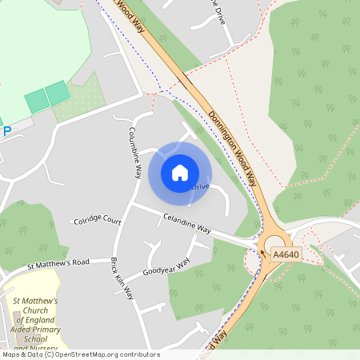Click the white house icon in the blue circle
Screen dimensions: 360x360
click(180, 173)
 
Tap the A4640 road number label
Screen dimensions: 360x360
click(286, 254)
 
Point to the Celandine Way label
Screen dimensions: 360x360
click(186, 222)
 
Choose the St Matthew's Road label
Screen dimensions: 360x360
click(58, 263)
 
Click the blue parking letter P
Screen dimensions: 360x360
click(7, 131)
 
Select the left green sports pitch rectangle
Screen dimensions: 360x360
click(37, 101)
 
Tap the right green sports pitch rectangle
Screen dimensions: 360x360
click(57, 94)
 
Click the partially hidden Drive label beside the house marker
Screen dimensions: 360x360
click(200, 186)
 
